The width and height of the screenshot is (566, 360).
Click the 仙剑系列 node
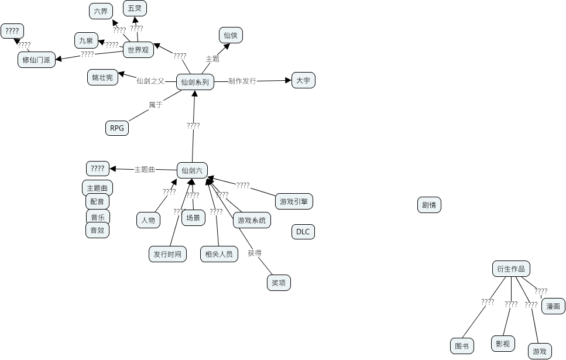195,82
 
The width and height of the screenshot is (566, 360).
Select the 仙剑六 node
192,170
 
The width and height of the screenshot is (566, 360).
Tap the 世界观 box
138,50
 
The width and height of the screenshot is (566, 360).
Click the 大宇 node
303,80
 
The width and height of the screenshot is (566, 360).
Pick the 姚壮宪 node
102,77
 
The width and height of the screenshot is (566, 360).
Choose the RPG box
117,128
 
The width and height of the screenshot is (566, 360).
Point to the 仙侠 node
231,35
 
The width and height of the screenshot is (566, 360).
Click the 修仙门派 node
36,60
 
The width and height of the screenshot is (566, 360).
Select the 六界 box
101,11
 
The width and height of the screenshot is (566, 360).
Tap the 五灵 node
135,8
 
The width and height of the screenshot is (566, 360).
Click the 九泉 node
86,40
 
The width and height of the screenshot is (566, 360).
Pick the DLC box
303,232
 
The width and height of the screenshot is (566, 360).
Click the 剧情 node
429,205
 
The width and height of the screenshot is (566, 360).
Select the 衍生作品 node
511,269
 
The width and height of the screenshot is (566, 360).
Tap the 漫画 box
553,306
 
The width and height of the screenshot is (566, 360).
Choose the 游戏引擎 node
294,201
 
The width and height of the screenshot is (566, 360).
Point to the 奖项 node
279,283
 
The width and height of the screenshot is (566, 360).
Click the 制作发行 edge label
242,81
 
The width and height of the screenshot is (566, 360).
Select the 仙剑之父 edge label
150,81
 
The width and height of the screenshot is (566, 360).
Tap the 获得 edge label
255,253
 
